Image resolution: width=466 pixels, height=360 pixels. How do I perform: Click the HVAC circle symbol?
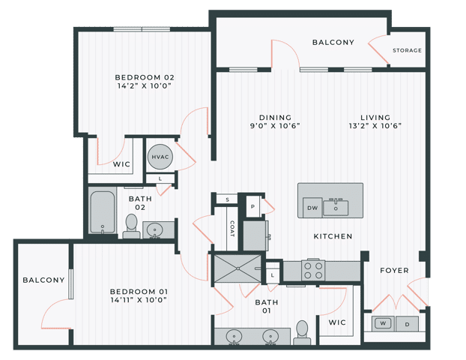coord(159,157)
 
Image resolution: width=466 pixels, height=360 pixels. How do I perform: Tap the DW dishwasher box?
coord(312,208)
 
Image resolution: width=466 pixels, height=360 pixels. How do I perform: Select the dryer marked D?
coord(408,324)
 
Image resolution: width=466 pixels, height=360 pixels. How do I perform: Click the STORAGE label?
coord(407,51)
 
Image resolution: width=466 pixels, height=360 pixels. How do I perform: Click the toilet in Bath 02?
coord(131,226)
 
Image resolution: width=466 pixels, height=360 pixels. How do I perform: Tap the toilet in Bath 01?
coord(302,332)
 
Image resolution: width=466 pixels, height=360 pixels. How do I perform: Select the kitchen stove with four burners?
coord(312,270)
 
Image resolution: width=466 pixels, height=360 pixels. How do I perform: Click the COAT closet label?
coord(232,228)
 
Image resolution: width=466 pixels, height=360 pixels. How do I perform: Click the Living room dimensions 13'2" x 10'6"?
coord(375,126)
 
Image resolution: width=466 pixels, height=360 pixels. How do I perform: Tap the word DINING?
coord(275,117)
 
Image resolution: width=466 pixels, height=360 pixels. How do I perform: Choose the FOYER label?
coord(394,271)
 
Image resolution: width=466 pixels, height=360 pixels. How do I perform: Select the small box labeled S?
coord(226,200)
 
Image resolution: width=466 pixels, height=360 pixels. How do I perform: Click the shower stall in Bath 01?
coord(237,268)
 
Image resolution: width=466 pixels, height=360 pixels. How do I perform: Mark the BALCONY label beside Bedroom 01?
coord(43,280)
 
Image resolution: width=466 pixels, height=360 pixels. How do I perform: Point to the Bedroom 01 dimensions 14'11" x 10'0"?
coord(138,300)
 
